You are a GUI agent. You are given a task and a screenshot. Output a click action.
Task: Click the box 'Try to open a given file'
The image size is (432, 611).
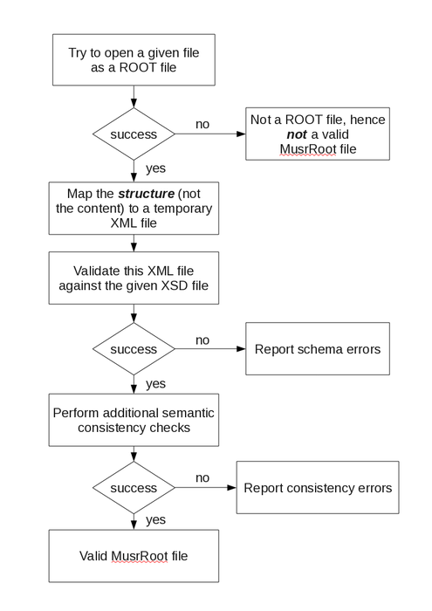(x=134, y=61)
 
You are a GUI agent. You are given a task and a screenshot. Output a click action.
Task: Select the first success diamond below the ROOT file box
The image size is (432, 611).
(x=134, y=134)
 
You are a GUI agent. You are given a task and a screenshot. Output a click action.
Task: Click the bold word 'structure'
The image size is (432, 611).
(x=135, y=193)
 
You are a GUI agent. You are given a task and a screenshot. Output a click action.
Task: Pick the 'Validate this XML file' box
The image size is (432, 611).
(x=134, y=278)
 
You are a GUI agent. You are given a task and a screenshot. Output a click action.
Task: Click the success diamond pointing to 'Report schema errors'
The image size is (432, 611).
(x=134, y=349)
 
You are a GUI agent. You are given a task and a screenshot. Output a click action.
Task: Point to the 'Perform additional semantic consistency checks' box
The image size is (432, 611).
(x=134, y=420)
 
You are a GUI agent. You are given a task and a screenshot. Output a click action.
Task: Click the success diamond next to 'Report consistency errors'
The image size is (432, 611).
(x=134, y=488)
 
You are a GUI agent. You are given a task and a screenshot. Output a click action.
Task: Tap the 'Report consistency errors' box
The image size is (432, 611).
(x=317, y=488)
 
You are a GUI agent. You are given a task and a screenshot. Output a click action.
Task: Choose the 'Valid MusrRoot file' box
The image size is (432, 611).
(x=134, y=556)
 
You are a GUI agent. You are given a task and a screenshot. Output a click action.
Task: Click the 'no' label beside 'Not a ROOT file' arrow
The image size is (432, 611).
(x=202, y=124)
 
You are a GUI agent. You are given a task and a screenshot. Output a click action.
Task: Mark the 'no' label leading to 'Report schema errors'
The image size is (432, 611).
(x=202, y=339)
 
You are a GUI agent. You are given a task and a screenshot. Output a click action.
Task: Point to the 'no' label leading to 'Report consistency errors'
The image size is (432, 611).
(x=202, y=477)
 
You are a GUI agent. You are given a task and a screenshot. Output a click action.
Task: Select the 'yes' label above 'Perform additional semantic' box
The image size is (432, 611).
(x=155, y=382)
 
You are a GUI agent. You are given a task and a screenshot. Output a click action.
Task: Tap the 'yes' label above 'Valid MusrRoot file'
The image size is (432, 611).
(x=155, y=519)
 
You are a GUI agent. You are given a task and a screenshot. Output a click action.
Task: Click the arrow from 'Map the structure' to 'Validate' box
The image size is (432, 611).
(x=134, y=243)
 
